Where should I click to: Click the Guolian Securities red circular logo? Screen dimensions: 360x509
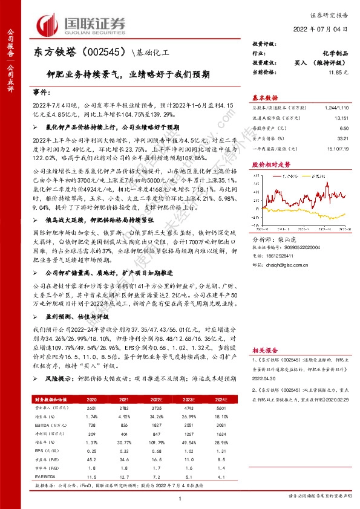coord(50,22)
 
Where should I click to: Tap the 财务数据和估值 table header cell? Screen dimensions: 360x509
coord(50,399)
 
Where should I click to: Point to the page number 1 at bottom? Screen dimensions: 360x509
coord(181,499)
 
